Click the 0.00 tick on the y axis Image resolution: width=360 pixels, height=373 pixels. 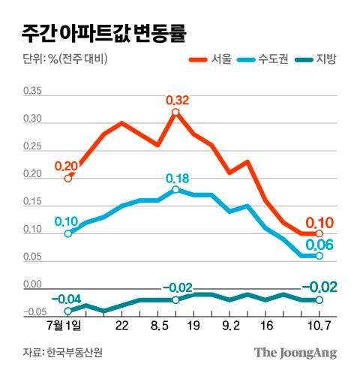(x=34, y=285)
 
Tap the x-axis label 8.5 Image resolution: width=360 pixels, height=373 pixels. (x=158, y=326)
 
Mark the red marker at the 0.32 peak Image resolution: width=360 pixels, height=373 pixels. (x=175, y=113)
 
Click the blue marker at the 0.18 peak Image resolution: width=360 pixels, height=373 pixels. (x=175, y=190)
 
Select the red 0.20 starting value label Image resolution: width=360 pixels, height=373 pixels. (x=66, y=165)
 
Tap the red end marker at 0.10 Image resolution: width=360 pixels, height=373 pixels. (x=319, y=234)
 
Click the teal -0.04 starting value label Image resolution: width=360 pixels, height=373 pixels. (x=64, y=299)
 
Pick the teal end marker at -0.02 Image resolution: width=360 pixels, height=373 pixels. (x=319, y=300)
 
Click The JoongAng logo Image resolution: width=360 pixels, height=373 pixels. (x=295, y=352)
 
